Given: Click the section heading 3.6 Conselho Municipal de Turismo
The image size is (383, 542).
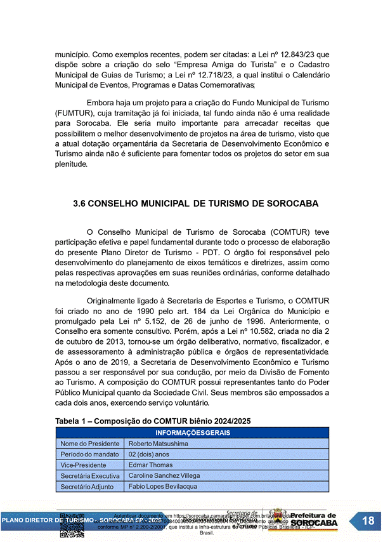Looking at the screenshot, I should tap(196, 204).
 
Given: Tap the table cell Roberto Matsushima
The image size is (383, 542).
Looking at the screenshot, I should tap(158, 444).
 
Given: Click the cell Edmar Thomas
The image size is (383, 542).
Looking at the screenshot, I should tap(150, 465).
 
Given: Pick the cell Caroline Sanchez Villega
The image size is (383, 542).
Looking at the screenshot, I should tap(164, 475).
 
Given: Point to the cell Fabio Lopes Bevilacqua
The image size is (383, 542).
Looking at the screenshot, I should tap(162, 486).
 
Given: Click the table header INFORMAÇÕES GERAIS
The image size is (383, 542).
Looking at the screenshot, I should tap(192, 433).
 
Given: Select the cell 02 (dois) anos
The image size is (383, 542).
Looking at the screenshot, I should tap(149, 454).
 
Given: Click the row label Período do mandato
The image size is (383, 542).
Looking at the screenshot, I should tap(89, 454).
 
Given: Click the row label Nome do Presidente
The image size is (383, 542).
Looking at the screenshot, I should tap(89, 444).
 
